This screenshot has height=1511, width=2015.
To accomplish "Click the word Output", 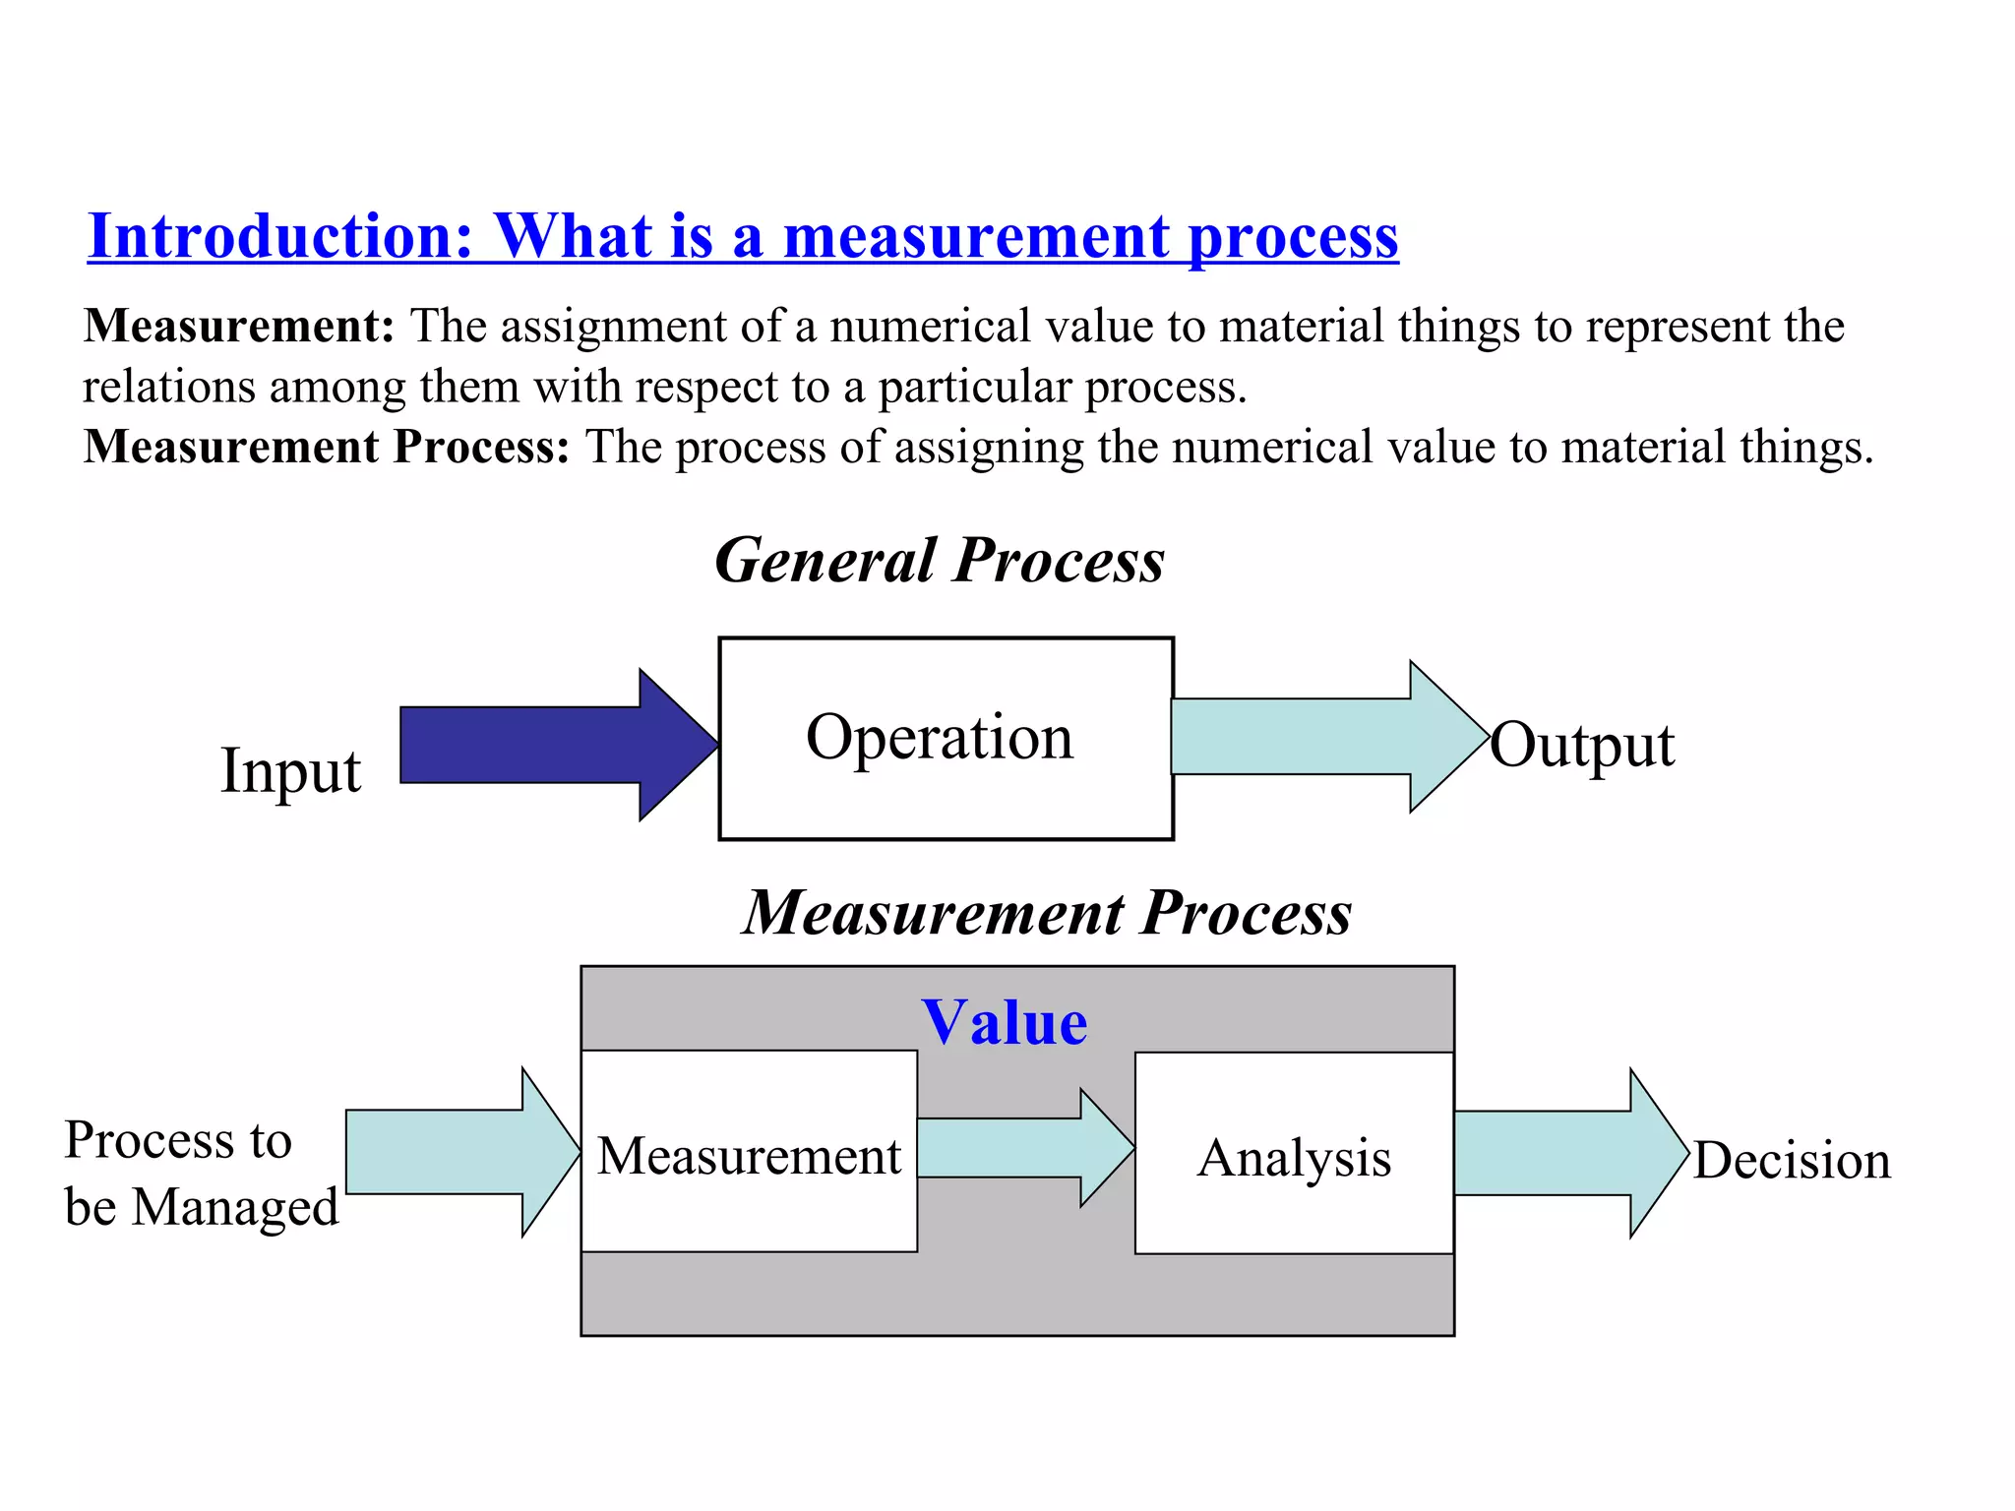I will point(1581,745).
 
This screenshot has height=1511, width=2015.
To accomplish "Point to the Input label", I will point(290,770).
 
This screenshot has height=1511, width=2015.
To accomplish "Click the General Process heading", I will point(940,561).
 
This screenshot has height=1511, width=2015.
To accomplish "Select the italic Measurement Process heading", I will point(1047,913).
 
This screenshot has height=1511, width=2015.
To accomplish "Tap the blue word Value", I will point(1005,1022).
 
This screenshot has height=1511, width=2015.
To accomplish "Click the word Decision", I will point(1792,1161).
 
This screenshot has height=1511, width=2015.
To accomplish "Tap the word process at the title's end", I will point(1293,236).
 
